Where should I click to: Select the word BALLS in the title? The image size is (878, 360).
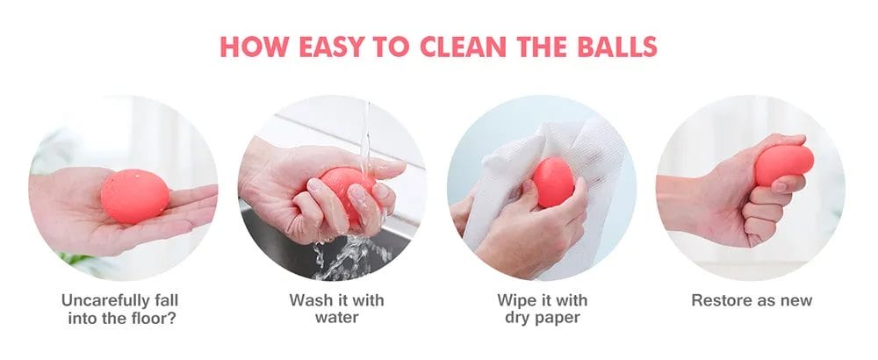[615, 46]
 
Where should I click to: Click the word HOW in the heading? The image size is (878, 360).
[248, 46]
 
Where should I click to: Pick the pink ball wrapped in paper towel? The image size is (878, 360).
[553, 182]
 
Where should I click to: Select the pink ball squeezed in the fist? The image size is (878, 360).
[784, 164]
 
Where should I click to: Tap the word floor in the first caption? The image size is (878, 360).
[150, 317]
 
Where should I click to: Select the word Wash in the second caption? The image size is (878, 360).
[312, 300]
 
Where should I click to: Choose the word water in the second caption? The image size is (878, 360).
[336, 317]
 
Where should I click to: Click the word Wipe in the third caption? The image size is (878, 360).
[516, 300]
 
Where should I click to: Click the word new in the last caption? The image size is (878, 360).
[795, 300]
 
